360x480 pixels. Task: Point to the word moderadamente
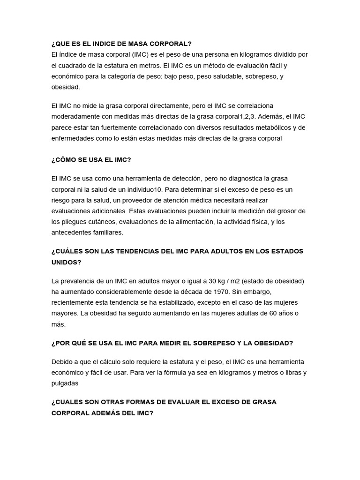tap(74, 116)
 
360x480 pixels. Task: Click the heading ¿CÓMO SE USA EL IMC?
tap(91, 160)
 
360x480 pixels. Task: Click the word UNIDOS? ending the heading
tap(66, 262)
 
